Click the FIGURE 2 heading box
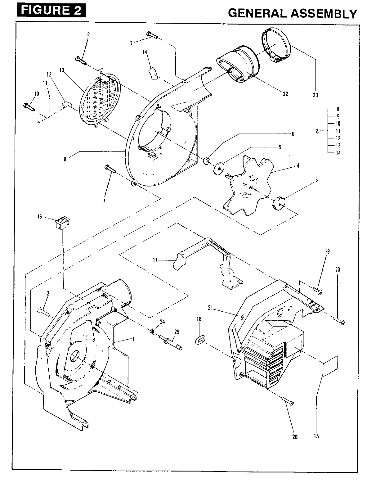tap(51, 11)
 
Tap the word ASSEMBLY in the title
tap(324, 14)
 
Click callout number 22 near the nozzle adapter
tap(285, 94)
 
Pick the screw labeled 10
tap(29, 107)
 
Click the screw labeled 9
tap(81, 61)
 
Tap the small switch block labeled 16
tap(61, 223)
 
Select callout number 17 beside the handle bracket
tap(155, 260)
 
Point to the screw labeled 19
tap(318, 291)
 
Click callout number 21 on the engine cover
tap(210, 308)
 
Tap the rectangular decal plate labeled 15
tap(330, 366)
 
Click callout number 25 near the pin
tap(177, 332)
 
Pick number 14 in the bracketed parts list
tap(338, 153)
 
